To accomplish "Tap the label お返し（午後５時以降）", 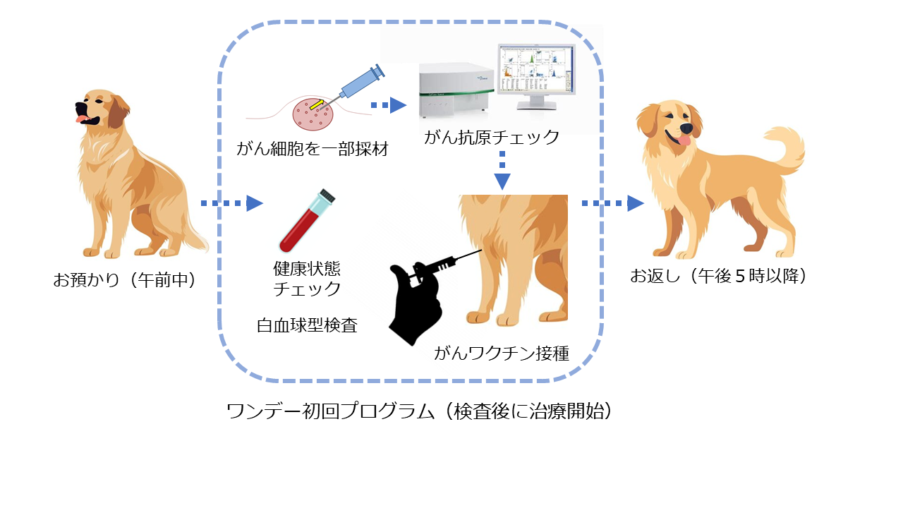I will [x=718, y=276].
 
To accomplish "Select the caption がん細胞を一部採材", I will [x=313, y=149].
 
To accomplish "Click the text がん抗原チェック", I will [x=492, y=137].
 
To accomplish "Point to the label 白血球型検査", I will [x=307, y=325].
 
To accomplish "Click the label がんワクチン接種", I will [x=502, y=353].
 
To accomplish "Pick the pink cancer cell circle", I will [x=312, y=115].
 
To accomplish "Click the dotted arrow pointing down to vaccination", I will [x=502, y=174].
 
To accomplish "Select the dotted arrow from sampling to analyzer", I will [x=389, y=106].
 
